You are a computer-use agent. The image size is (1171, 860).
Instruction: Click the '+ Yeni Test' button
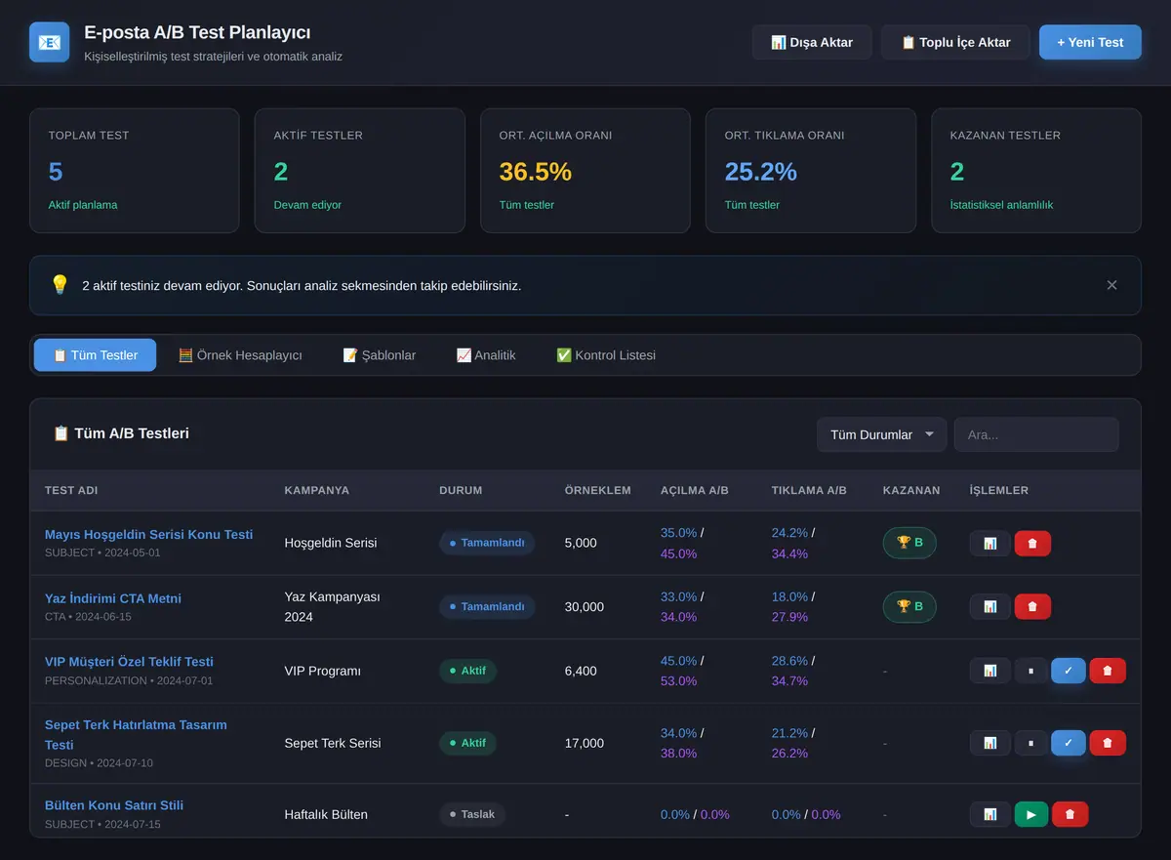tap(1090, 42)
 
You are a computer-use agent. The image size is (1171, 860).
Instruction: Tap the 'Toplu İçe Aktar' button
tap(955, 42)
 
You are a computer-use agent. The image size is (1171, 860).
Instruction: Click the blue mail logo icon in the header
tap(49, 42)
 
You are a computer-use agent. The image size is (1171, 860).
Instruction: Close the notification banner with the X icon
tap(1111, 285)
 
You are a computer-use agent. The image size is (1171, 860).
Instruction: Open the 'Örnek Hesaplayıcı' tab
tap(240, 355)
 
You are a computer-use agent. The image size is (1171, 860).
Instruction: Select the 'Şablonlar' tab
tap(379, 355)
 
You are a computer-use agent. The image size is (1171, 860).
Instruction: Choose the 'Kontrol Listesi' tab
tap(605, 355)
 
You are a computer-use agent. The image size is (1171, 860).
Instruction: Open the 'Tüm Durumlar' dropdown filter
tap(881, 434)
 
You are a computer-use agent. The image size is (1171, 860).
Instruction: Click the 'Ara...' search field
tap(1036, 434)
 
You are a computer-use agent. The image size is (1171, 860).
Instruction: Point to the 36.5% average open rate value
tap(536, 172)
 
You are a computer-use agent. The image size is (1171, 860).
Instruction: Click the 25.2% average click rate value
tap(760, 172)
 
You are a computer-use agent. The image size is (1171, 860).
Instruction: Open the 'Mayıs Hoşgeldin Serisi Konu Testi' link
tap(148, 534)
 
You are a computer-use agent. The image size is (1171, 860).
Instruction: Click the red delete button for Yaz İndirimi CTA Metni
tap(1032, 606)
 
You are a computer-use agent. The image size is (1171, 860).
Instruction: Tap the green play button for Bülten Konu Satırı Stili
tap(1030, 814)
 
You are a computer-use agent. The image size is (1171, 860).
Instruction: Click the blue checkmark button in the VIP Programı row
tap(1068, 671)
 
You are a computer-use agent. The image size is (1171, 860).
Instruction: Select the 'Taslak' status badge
tap(472, 814)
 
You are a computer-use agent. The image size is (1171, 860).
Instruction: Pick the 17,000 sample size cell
tap(584, 743)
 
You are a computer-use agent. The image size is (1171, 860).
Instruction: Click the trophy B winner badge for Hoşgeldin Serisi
tap(909, 543)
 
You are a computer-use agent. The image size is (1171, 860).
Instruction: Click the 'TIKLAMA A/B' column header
tap(809, 490)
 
